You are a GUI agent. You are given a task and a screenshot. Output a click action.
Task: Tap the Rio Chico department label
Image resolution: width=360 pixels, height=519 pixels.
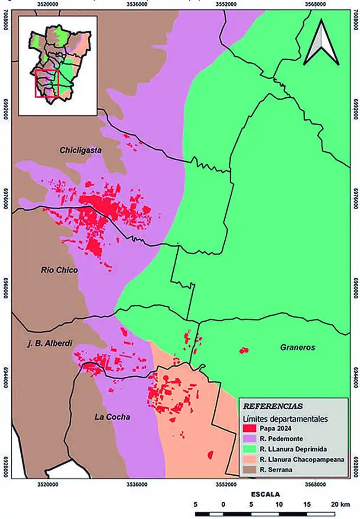click(60, 270)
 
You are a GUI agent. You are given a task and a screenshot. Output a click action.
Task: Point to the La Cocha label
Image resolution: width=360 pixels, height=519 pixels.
click(112, 417)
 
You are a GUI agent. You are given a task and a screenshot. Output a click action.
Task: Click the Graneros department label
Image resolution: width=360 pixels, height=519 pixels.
click(297, 347)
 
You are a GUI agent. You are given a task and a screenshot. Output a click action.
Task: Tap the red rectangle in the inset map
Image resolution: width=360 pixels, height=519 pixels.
click(46, 83)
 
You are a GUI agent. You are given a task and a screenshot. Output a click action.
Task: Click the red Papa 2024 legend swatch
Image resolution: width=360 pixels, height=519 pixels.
click(251, 429)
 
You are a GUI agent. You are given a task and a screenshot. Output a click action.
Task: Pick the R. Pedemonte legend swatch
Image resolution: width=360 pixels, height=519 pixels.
click(251, 439)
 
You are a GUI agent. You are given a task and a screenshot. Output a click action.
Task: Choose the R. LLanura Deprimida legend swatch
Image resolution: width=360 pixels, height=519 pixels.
click(251, 449)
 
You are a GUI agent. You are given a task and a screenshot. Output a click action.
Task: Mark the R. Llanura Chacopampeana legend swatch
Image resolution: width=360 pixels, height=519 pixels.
click(251, 459)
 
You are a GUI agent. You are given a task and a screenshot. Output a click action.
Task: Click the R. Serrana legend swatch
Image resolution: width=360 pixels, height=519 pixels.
click(251, 470)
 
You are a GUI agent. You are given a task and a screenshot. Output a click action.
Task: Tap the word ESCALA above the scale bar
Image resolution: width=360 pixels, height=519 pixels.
click(265, 494)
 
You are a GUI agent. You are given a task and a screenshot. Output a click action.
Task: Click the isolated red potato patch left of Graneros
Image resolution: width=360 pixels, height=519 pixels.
click(244, 350)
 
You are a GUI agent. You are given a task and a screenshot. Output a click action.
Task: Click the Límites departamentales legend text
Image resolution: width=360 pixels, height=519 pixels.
click(286, 419)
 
